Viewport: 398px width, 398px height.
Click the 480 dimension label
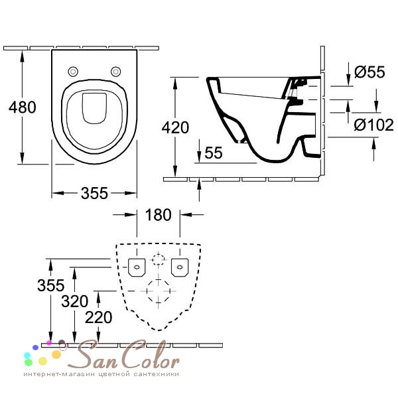tap(23, 107)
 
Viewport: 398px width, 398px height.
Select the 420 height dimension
tap(175, 127)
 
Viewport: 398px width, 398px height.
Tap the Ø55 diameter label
tap(369, 72)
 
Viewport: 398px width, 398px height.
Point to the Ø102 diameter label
tap(374, 125)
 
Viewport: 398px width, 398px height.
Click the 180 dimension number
tap(159, 215)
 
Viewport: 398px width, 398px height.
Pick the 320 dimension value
tap(74, 301)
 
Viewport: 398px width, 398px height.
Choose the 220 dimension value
tap(98, 317)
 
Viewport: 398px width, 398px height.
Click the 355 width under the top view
tap(94, 193)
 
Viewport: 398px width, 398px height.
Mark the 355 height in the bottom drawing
tap(51, 285)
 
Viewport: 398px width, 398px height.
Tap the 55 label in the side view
tap(214, 153)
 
